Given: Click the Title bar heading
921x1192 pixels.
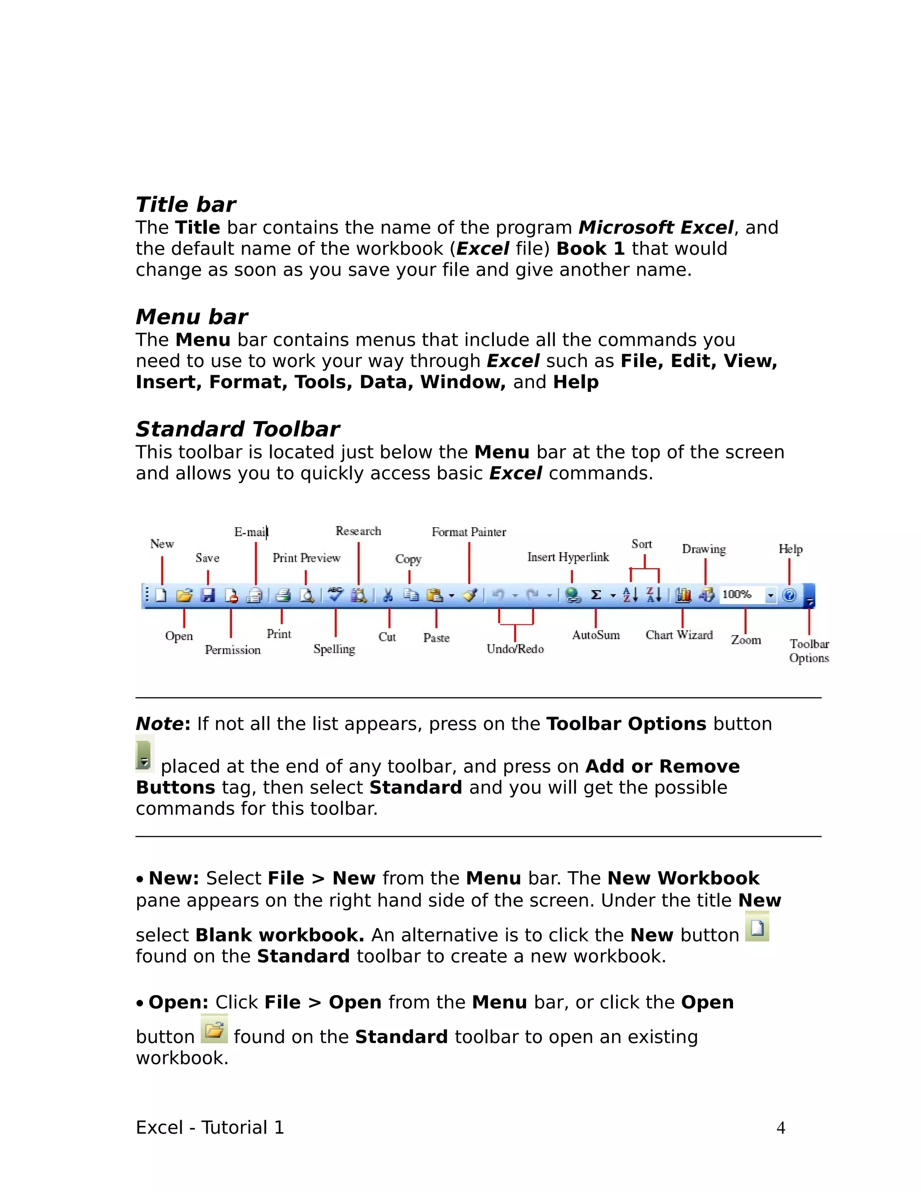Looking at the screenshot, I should (186, 205).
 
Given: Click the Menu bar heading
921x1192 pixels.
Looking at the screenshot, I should (192, 317).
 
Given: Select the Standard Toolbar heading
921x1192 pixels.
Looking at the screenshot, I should (237, 430).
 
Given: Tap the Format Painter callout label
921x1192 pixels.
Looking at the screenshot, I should (469, 532).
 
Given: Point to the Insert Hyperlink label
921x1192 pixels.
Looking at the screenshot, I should (568, 557).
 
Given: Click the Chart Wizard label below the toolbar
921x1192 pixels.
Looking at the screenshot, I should (680, 635).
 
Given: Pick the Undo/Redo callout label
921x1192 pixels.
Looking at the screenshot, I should (515, 649).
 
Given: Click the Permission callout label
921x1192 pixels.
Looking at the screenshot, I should (233, 650).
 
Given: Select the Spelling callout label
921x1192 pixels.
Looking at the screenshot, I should (334, 649).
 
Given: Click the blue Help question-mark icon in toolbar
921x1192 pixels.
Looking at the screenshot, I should (789, 596).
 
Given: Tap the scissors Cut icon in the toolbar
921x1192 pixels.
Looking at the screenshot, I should (388, 596).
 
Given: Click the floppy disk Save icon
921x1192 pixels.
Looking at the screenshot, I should (208, 596).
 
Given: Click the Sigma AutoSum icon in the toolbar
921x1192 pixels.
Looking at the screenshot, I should (596, 596).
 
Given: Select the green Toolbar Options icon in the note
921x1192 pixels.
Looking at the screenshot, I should (145, 754).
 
